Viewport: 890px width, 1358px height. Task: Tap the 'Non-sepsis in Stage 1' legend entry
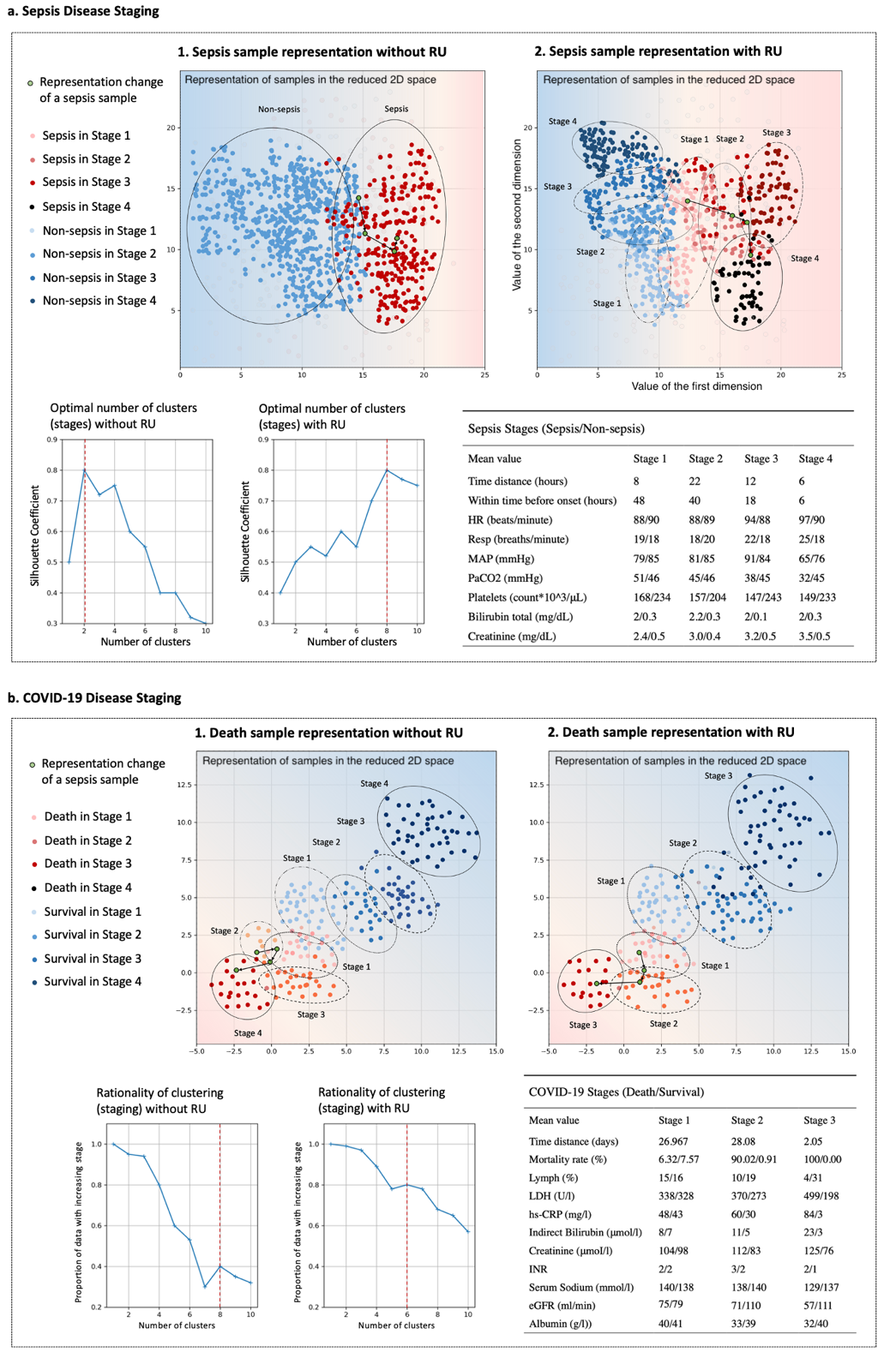tap(99, 230)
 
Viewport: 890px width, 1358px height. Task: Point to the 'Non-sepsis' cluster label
tap(279, 110)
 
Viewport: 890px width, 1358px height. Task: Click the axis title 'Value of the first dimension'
tap(696, 386)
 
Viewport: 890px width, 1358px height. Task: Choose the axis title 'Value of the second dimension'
tap(517, 215)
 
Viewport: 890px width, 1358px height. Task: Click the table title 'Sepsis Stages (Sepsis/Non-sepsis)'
tap(556, 429)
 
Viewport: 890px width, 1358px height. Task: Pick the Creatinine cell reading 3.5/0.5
tap(814, 637)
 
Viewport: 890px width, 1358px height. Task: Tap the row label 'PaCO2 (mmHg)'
tap(507, 578)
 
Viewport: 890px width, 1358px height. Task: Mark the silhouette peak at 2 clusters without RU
tap(85, 470)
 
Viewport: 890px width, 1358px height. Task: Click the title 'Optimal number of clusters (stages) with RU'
tap(332, 416)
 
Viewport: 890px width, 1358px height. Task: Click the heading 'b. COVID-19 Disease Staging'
tap(94, 698)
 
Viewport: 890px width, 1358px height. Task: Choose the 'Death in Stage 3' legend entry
tap(87, 864)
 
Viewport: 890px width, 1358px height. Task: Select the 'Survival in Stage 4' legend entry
tap(93, 982)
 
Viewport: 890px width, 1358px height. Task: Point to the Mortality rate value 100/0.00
tap(821, 1159)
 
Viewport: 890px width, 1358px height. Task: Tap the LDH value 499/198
tap(821, 1196)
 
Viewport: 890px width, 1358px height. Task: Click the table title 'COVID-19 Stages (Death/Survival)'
tap(616, 1092)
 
